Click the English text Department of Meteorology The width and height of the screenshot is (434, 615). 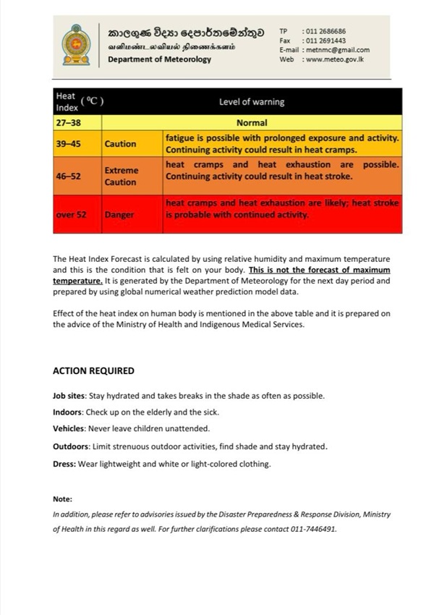tap(160, 59)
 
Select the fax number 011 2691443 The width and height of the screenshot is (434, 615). tap(325, 41)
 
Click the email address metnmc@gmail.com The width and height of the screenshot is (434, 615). tap(337, 50)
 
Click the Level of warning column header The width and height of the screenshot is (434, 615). tap(252, 102)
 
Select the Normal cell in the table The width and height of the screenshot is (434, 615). tap(252, 123)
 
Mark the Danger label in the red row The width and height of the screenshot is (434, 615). tap(119, 215)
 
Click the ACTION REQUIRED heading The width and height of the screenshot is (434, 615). tap(93, 370)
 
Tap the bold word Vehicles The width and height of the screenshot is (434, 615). tap(69, 428)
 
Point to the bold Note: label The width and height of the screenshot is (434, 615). tap(63, 499)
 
